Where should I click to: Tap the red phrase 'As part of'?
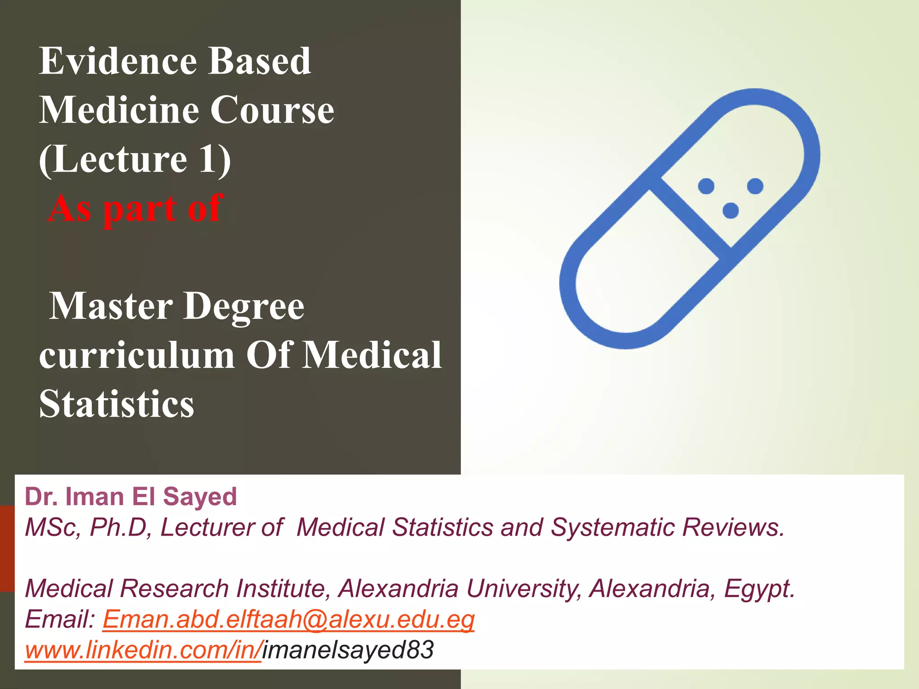pos(135,208)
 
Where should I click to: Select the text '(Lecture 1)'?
pos(135,159)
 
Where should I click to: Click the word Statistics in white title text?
pos(117,404)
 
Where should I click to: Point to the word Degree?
pos(244,306)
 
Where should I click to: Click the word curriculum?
pos(137,355)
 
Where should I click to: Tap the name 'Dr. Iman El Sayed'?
pos(131,497)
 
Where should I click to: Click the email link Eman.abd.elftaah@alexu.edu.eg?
pos(288,619)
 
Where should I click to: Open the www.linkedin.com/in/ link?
pos(143,650)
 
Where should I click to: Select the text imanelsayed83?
pos(348,650)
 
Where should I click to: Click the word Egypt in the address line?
pos(758,589)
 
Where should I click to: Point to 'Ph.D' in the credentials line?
pos(118,528)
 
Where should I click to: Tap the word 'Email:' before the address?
pos(60,619)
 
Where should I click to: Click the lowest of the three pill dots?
pos(731,210)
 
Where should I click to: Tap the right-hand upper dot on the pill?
pos(755,186)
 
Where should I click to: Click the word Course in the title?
pos(272,110)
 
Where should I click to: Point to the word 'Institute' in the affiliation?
pos(283,589)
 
